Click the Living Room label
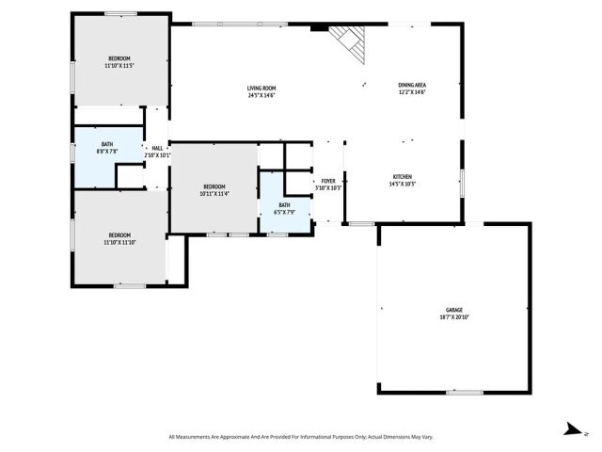pos(261,88)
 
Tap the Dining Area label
pos(412,86)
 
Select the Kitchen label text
pos(402,176)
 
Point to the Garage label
pos(454,310)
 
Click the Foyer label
pos(328,181)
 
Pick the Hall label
pos(157,148)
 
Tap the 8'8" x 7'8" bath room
pos(106,147)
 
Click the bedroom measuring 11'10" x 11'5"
pos(119,62)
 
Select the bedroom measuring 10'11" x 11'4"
pos(214,190)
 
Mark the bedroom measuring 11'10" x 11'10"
pos(119,238)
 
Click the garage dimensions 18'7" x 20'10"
pos(454,317)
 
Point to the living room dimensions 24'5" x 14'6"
pos(261,95)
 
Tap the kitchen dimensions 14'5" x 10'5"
pos(402,184)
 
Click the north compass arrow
pos(569,429)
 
